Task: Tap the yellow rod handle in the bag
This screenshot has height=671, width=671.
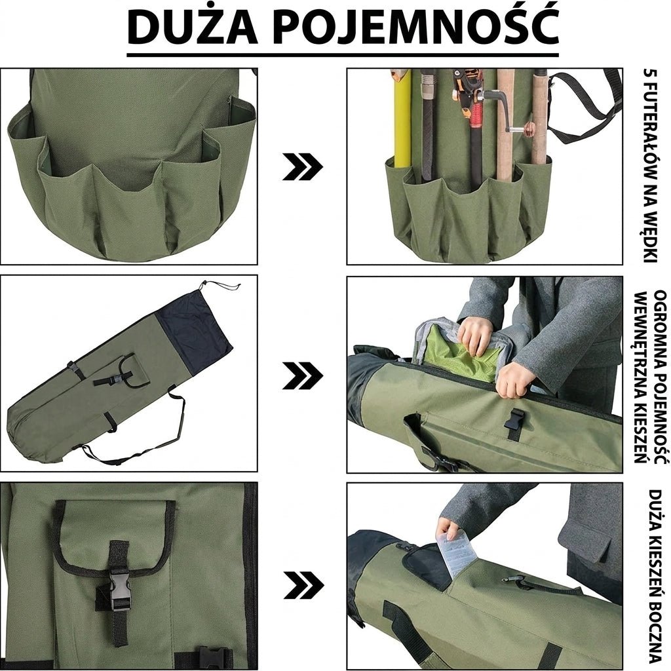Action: pos(402,121)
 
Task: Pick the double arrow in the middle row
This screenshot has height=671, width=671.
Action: pos(302,375)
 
